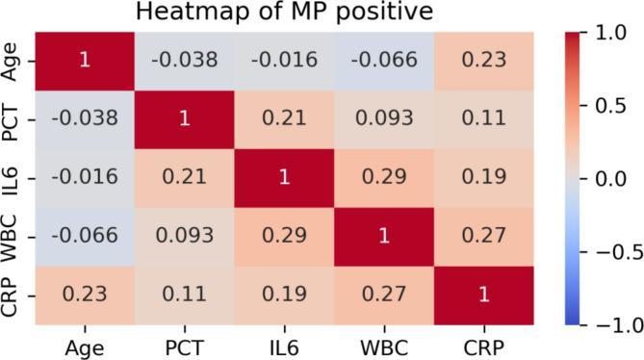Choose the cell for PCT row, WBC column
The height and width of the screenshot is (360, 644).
click(383, 118)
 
